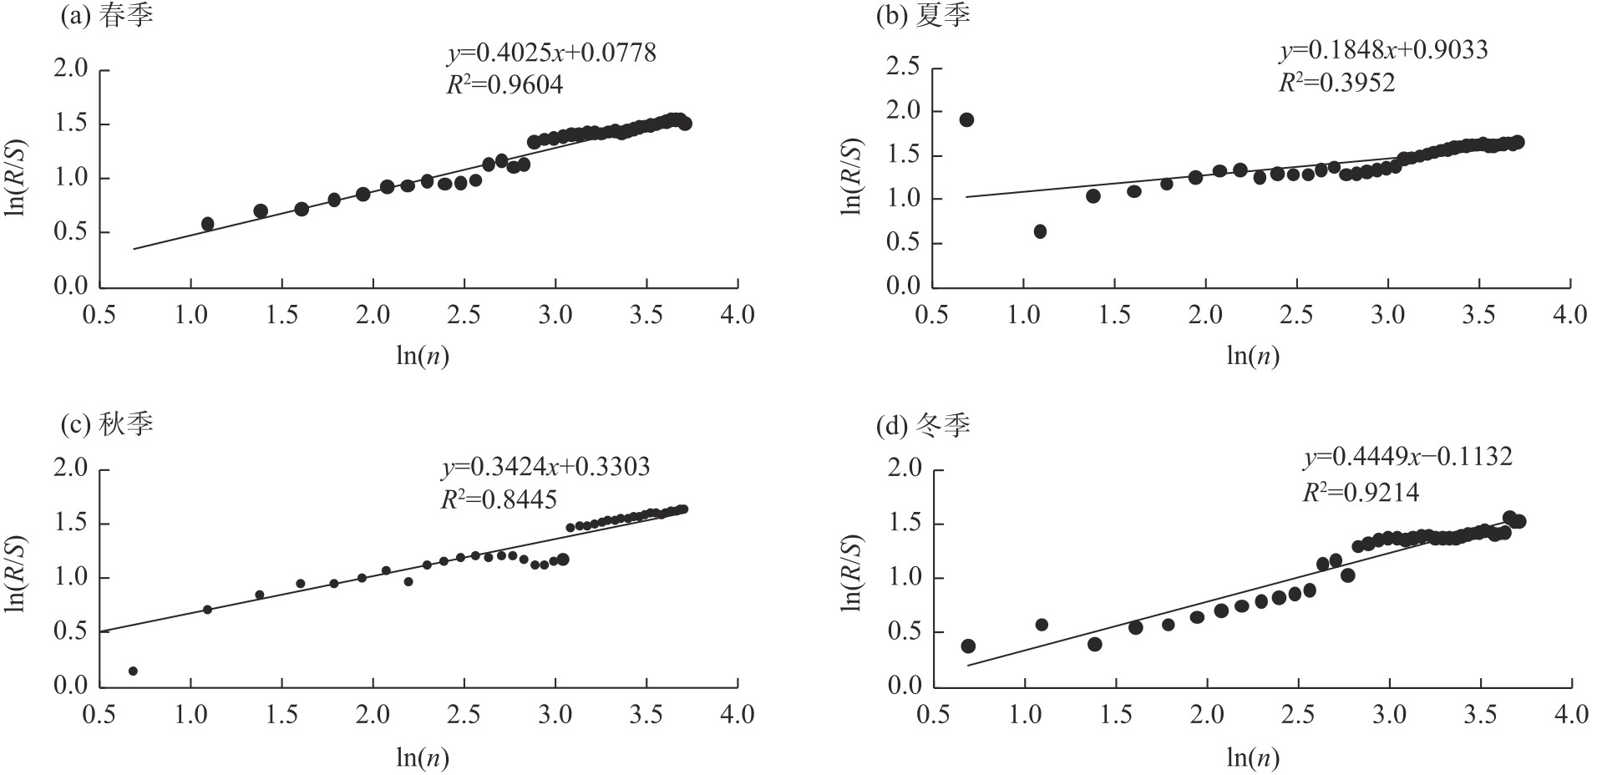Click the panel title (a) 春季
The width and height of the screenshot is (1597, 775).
coord(108,17)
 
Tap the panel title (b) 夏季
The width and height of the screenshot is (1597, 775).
coord(923,17)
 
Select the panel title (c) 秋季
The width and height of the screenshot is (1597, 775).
coord(108,424)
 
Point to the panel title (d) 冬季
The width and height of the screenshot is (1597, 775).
coord(923,426)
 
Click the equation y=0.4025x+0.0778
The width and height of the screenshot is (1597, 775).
coord(552,53)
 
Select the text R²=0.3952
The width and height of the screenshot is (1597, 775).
coord(1337,83)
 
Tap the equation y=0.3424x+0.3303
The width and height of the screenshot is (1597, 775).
coord(545,466)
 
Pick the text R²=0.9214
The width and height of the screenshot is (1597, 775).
coord(1361,493)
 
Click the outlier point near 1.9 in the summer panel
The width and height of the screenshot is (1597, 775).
coord(966,119)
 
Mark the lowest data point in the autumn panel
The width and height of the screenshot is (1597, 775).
coord(133,671)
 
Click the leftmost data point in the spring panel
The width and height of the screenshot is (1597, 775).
coord(208,224)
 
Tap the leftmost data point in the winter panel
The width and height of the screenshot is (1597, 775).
coord(968,646)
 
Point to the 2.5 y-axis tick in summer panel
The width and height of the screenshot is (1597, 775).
coord(902,68)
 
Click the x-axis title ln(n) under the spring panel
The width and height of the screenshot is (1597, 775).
coord(423,356)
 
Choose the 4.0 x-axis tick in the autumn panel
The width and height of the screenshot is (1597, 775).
coord(737,714)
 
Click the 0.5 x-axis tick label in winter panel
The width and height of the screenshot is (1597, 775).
coord(933,714)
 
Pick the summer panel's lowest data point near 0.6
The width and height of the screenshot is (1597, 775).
coord(1040,231)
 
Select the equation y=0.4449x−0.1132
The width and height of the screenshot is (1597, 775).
coord(1407,457)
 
